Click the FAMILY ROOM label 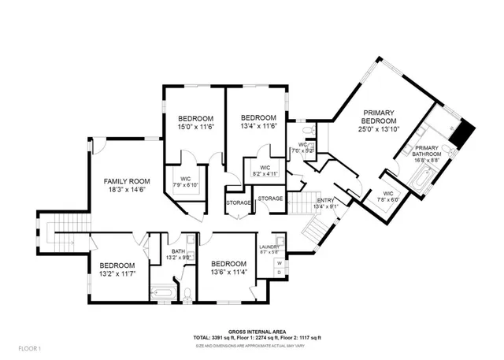coord(128,180)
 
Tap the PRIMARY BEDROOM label coord(379,117)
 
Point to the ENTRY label coord(325,200)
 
